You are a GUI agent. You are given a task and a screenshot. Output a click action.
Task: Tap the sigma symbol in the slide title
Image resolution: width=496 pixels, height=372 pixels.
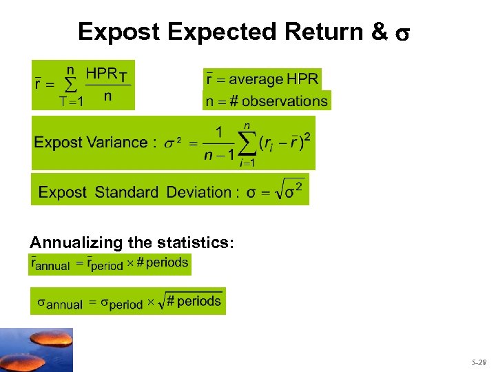point(404,33)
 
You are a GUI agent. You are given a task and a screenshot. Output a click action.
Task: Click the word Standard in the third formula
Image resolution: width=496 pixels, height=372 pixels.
point(127,192)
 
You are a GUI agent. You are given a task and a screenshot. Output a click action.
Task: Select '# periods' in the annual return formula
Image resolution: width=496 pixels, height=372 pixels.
point(163,262)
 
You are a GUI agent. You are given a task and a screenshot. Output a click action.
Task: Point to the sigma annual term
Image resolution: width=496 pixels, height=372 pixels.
point(59,304)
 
